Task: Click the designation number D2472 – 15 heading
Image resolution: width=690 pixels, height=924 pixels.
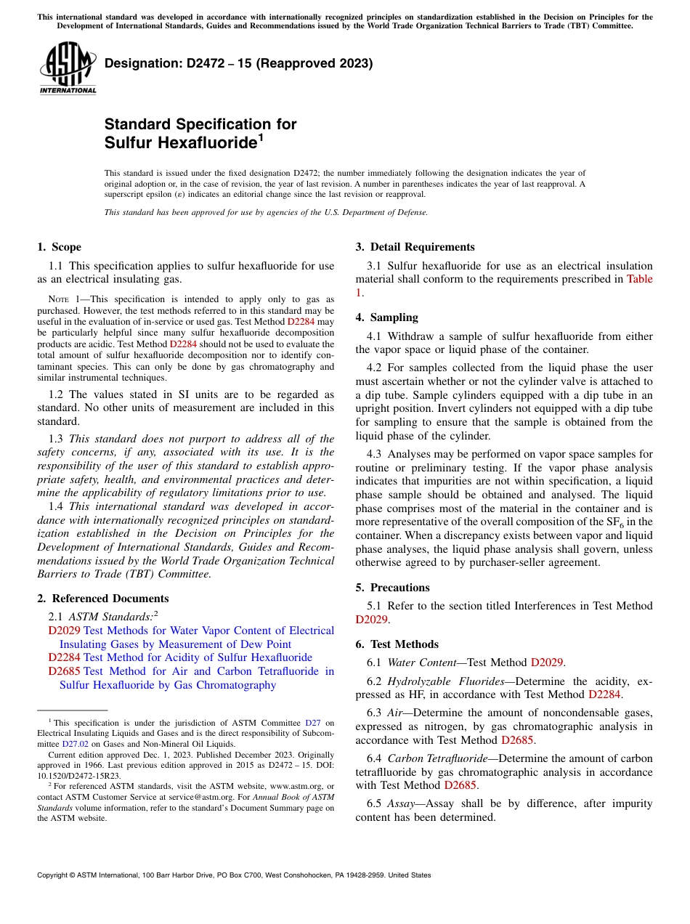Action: tap(238, 64)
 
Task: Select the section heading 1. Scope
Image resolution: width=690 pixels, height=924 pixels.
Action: tap(60, 247)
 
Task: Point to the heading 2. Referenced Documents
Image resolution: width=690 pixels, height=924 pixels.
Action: tap(103, 599)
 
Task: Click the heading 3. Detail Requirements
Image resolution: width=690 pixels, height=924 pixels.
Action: tap(415, 247)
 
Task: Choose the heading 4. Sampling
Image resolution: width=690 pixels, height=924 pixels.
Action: tap(386, 317)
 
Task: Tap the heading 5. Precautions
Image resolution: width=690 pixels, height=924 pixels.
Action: tap(392, 588)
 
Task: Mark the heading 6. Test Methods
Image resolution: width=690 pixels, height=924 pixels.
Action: tap(397, 644)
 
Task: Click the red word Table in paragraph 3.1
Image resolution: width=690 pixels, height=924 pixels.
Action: tap(639, 279)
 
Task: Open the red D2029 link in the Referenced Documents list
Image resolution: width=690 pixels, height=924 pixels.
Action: tap(64, 631)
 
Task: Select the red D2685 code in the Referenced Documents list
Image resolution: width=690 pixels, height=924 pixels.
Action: tap(64, 671)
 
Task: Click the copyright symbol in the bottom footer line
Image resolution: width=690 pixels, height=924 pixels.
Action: tap(73, 875)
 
